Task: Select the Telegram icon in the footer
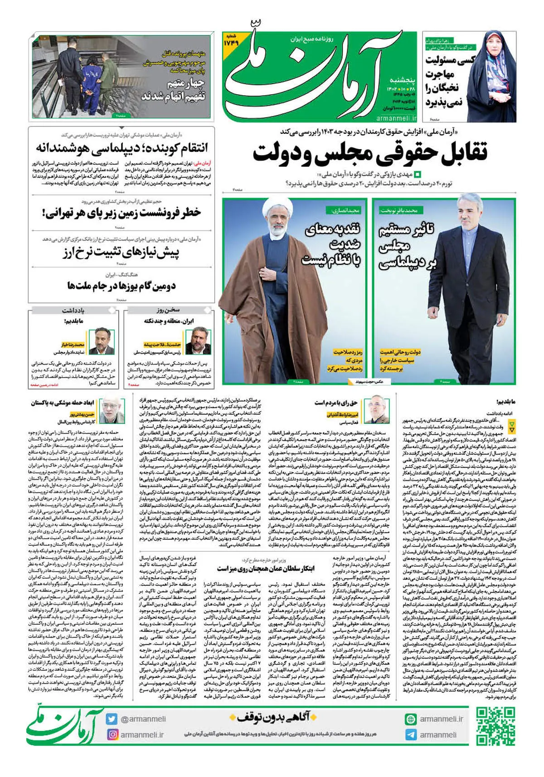coord(411,735)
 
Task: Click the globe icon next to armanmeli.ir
coord(411,719)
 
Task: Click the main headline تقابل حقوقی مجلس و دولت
coord(369,152)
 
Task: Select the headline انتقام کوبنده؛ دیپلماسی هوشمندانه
coord(121,148)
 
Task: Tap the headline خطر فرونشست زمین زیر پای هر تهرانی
coord(121,212)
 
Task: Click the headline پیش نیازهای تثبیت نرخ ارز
coord(121,252)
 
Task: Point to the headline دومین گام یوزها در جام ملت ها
coord(121,286)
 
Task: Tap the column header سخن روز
coord(169,310)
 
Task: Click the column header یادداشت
coord(73,311)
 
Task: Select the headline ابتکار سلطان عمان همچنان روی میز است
coord(265,568)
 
